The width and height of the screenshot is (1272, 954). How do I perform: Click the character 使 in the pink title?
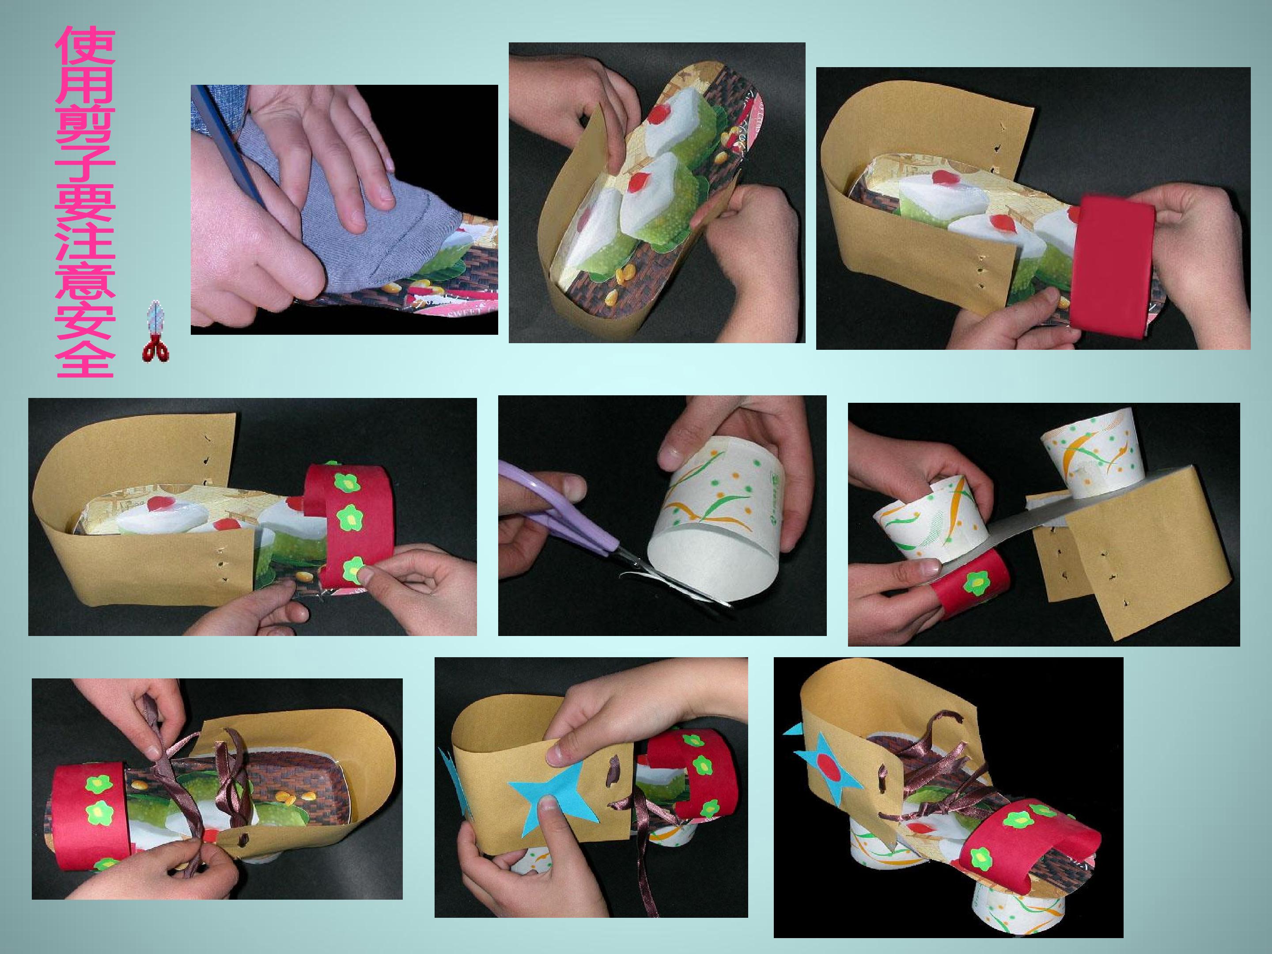click(x=85, y=56)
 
